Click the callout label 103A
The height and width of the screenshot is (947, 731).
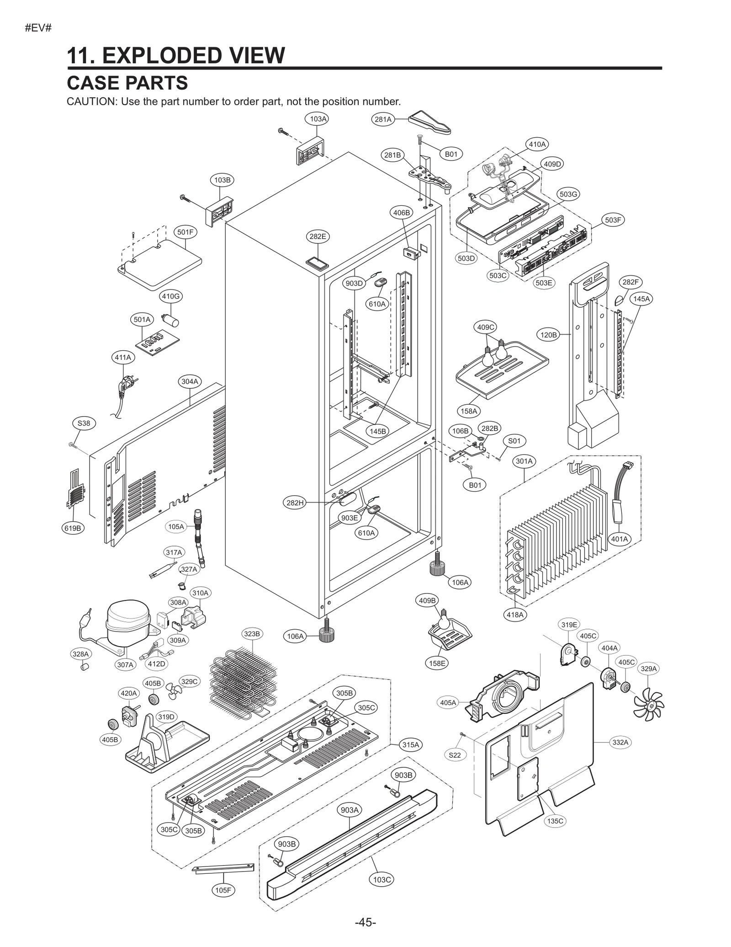(x=318, y=119)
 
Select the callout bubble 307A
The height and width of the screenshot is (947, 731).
(x=125, y=664)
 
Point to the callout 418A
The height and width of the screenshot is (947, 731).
(x=515, y=615)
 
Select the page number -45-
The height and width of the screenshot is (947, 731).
(x=365, y=922)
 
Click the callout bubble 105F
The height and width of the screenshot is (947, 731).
(x=223, y=890)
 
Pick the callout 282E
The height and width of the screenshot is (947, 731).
(x=318, y=236)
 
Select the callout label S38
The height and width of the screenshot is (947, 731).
(x=84, y=423)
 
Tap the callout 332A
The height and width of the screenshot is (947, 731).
(x=620, y=742)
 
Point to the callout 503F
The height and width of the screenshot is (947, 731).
(x=613, y=220)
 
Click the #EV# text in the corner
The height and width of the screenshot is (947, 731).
(x=38, y=28)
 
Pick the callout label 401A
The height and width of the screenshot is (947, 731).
(x=620, y=539)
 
